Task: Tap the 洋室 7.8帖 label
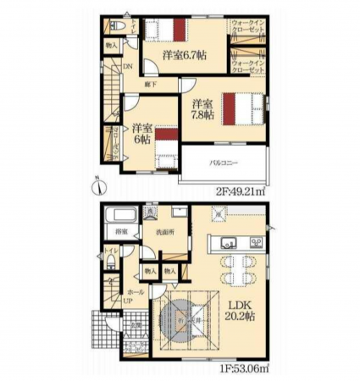tap(201, 108)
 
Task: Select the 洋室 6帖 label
tap(141, 135)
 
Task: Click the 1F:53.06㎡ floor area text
tap(246, 367)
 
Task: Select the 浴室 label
tap(120, 231)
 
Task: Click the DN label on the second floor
tap(128, 68)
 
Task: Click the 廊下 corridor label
tap(149, 86)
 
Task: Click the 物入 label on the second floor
tap(112, 42)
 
